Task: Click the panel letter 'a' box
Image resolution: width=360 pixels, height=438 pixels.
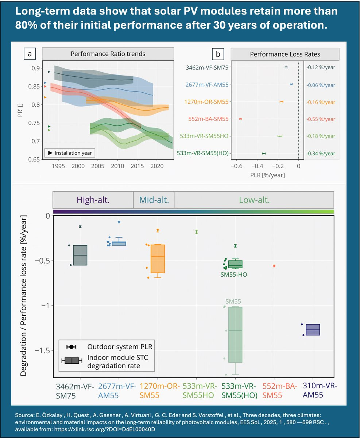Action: click(30, 54)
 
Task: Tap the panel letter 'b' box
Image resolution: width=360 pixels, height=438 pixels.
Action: click(218, 54)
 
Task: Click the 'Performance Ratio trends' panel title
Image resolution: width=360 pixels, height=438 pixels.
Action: click(108, 54)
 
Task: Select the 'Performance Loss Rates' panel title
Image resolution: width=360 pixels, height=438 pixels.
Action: click(285, 54)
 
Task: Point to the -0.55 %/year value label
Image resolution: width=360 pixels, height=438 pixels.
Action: click(321, 119)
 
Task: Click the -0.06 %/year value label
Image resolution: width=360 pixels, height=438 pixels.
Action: click(321, 85)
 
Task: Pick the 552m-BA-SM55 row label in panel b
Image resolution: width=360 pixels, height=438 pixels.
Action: click(208, 119)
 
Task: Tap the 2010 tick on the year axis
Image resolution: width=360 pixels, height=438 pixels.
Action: click(117, 166)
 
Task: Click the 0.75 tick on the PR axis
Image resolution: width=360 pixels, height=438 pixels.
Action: click(34, 123)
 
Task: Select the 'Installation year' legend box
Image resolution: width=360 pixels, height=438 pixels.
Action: click(70, 153)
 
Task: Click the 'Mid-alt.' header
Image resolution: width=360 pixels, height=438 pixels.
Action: click(154, 200)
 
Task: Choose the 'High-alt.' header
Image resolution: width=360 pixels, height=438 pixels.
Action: click(93, 200)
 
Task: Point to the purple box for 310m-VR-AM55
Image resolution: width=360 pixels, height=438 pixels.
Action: click(313, 330)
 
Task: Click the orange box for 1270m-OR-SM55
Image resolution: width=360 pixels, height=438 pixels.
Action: click(158, 258)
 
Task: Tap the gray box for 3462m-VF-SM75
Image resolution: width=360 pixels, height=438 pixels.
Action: click(80, 255)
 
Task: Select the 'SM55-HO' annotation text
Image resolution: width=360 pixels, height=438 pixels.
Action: click(234, 274)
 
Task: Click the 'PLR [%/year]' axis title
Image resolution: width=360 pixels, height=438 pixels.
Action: click(267, 175)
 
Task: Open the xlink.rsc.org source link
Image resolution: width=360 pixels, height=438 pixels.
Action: click(105, 429)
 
